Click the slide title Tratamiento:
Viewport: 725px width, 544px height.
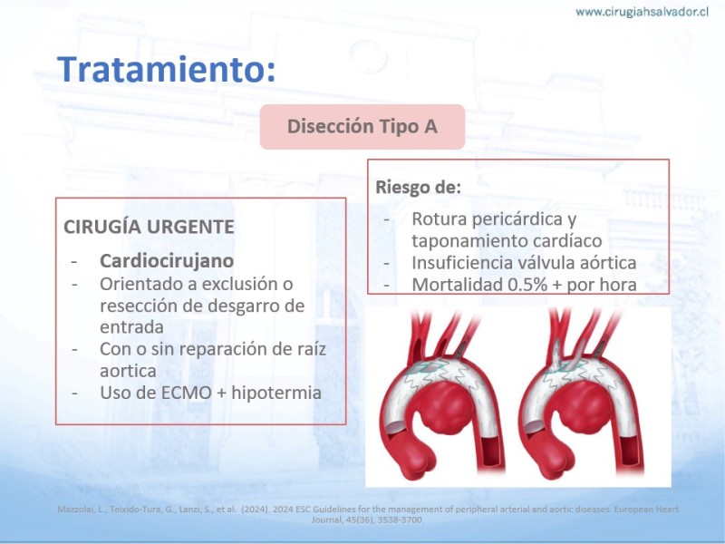click(x=166, y=70)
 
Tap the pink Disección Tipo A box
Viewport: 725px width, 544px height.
click(x=362, y=127)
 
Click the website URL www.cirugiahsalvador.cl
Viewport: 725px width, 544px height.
click(x=642, y=12)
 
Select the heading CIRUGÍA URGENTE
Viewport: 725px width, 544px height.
click(x=149, y=227)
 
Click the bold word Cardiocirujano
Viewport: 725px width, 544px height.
click(x=167, y=261)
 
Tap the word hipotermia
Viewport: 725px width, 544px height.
click(x=276, y=393)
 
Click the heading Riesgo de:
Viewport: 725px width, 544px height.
click(x=418, y=188)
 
